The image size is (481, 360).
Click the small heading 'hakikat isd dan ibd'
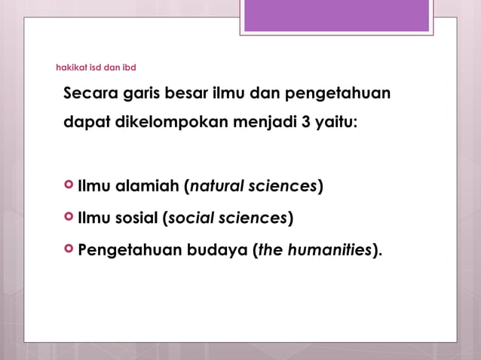click(96, 68)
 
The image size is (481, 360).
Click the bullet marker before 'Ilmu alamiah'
click(69, 185)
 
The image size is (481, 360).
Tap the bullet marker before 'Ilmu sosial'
click(69, 218)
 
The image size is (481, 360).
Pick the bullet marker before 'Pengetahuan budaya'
click(69, 249)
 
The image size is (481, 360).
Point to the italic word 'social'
click(191, 218)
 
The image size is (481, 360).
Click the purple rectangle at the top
click(336, 16)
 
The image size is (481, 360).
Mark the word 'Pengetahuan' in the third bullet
click(130, 250)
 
